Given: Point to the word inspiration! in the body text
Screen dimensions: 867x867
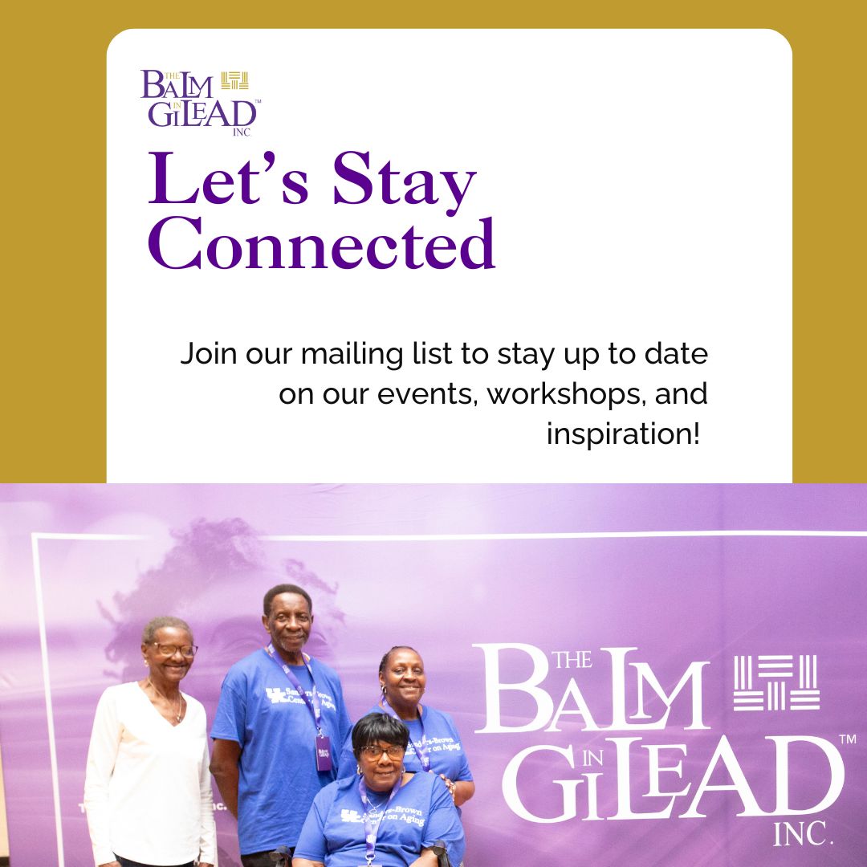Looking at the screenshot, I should tap(623, 434).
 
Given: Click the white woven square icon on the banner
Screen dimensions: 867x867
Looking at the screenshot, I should tap(776, 683).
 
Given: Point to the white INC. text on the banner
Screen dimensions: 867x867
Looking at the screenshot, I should tap(804, 834).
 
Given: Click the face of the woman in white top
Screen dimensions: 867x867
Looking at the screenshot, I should tap(169, 649).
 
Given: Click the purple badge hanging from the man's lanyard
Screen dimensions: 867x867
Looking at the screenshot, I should tap(323, 752).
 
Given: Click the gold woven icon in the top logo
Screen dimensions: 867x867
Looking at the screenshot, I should tap(235, 80).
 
